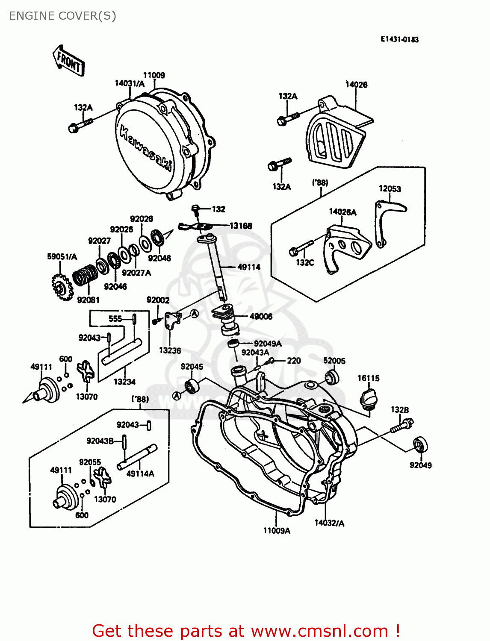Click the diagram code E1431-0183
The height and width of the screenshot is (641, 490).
tap(399, 39)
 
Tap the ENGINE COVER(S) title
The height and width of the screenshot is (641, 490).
tap(62, 16)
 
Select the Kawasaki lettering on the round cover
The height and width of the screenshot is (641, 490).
tap(145, 148)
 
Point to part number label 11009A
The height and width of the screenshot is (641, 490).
tap(276, 531)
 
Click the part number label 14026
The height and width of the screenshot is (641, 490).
tap(356, 85)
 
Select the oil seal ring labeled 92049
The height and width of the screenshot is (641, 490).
tap(420, 444)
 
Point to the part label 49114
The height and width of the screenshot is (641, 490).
tap(249, 267)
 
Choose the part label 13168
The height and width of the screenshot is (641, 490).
tap(241, 226)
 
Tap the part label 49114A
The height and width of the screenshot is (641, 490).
tap(140, 473)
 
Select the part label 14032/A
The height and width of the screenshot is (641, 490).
tap(329, 523)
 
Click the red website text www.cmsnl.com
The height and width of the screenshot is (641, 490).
tap(319, 631)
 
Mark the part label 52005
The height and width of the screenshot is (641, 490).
tap(334, 361)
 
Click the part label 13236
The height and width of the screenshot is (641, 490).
tap(170, 350)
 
